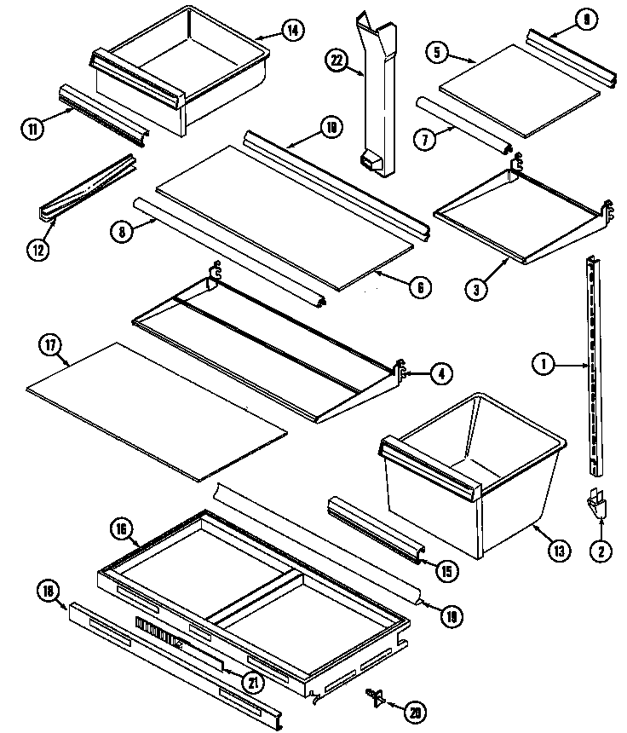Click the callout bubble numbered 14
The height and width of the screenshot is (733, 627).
pyautogui.click(x=291, y=32)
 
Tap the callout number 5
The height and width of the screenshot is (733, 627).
pyautogui.click(x=437, y=53)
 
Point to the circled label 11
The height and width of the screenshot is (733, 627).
pyautogui.click(x=32, y=129)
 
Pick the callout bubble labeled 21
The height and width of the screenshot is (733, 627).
pyautogui.click(x=253, y=682)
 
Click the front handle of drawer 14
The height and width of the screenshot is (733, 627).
pyautogui.click(x=135, y=78)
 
